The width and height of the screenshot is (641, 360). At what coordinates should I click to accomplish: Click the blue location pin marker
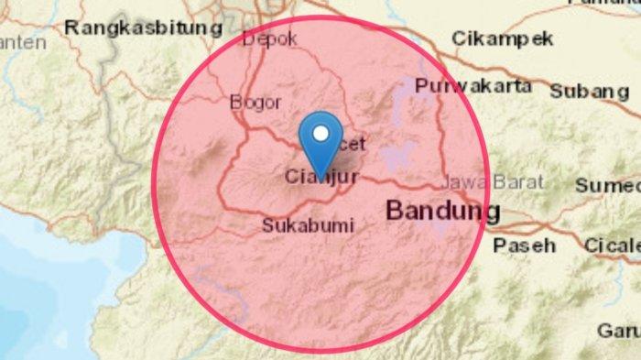[x=320, y=142]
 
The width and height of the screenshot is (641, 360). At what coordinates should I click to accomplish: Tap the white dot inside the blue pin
[x=320, y=134]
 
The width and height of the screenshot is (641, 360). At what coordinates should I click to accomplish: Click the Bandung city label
[x=443, y=212]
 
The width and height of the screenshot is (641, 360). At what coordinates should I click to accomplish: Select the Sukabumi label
[x=308, y=224]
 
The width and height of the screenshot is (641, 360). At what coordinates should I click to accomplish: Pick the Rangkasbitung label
[x=145, y=28]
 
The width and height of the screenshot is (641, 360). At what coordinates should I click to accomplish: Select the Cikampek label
[x=503, y=38]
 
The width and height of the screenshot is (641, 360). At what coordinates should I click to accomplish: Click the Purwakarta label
[x=473, y=86]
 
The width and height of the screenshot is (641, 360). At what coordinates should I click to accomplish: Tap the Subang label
[x=589, y=92]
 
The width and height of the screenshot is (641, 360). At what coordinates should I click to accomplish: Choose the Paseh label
[x=525, y=245]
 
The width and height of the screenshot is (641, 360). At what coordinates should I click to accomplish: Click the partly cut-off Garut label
[x=619, y=330]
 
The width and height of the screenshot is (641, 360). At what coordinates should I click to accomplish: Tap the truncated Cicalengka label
[x=612, y=245]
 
